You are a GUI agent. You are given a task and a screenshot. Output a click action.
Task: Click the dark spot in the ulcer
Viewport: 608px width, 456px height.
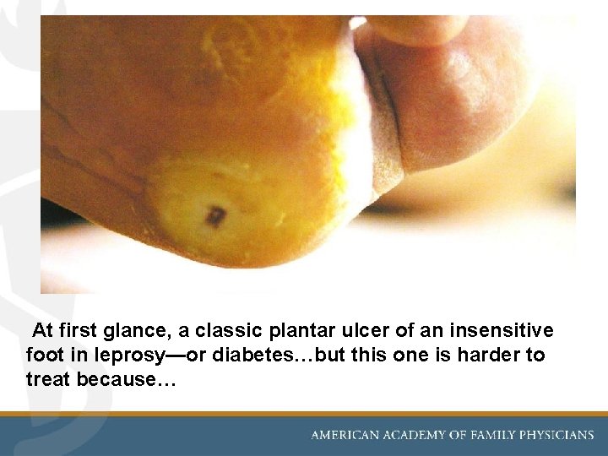[x=215, y=217]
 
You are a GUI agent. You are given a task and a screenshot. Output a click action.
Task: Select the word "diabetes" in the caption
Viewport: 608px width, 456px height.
[x=253, y=355]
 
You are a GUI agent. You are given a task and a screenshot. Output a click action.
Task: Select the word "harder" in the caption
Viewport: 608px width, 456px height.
[x=488, y=355]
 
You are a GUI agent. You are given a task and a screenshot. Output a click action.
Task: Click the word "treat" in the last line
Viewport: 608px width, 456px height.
[x=48, y=379]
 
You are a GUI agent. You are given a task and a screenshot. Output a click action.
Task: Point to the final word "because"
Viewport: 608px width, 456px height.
[x=123, y=379]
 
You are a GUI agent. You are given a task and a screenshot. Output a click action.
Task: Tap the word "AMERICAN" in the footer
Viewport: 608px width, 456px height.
[x=347, y=436]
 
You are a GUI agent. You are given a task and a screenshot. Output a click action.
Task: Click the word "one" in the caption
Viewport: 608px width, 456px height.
[x=410, y=355]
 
